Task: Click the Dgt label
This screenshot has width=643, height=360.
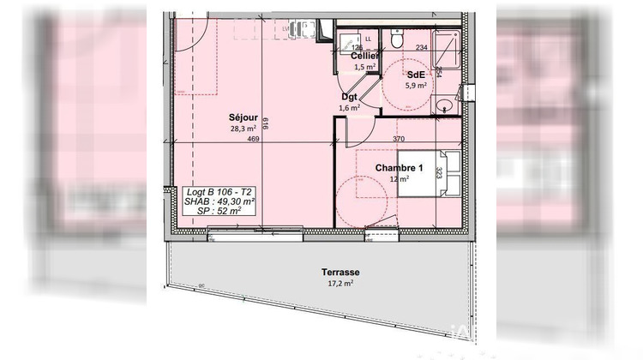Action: click(x=349, y=98)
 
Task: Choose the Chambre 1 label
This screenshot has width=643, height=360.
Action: click(x=400, y=167)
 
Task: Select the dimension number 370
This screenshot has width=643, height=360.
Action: click(x=399, y=139)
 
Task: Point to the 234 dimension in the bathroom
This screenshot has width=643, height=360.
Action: click(x=421, y=49)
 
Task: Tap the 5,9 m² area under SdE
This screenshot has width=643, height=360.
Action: click(x=417, y=85)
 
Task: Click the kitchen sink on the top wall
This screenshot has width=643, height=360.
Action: click(x=297, y=28)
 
